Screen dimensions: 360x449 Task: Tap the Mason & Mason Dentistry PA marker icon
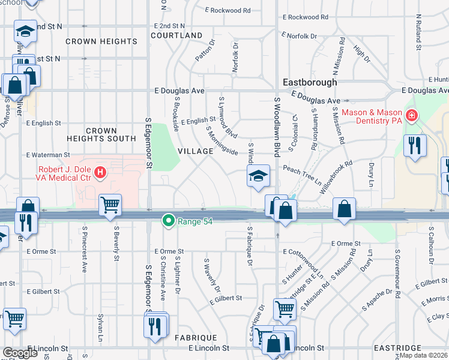412,115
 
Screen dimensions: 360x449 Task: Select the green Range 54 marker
170,221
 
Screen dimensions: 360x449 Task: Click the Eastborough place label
310,82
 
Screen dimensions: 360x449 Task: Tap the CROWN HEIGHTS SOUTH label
110,134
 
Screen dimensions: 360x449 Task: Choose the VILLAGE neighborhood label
196,151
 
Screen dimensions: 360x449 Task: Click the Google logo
20,352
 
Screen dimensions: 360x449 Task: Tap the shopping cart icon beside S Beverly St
110,206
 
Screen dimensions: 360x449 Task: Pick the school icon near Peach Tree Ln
258,176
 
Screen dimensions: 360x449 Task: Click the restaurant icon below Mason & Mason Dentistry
415,145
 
